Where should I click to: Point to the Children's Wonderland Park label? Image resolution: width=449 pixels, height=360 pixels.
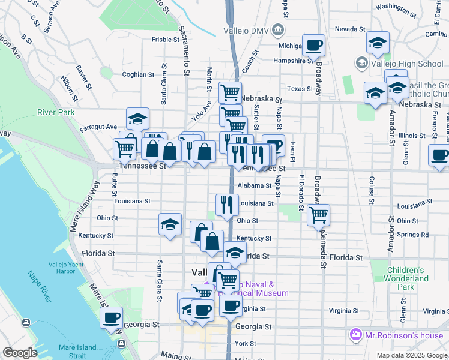point(408,278)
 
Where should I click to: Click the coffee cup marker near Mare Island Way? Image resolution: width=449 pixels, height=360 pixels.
point(111,317)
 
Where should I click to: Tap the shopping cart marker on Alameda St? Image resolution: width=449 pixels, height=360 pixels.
point(318,214)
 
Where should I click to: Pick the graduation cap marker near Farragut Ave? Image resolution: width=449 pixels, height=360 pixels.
point(137,118)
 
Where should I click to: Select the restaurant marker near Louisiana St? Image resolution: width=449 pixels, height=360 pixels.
point(227,203)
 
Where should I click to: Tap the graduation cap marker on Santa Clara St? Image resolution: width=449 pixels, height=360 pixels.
point(170,224)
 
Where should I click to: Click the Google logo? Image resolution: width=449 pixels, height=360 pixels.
point(20,353)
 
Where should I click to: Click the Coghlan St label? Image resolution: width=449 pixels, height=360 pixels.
point(138,75)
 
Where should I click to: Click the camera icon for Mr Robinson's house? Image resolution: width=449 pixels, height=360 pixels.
point(355,334)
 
